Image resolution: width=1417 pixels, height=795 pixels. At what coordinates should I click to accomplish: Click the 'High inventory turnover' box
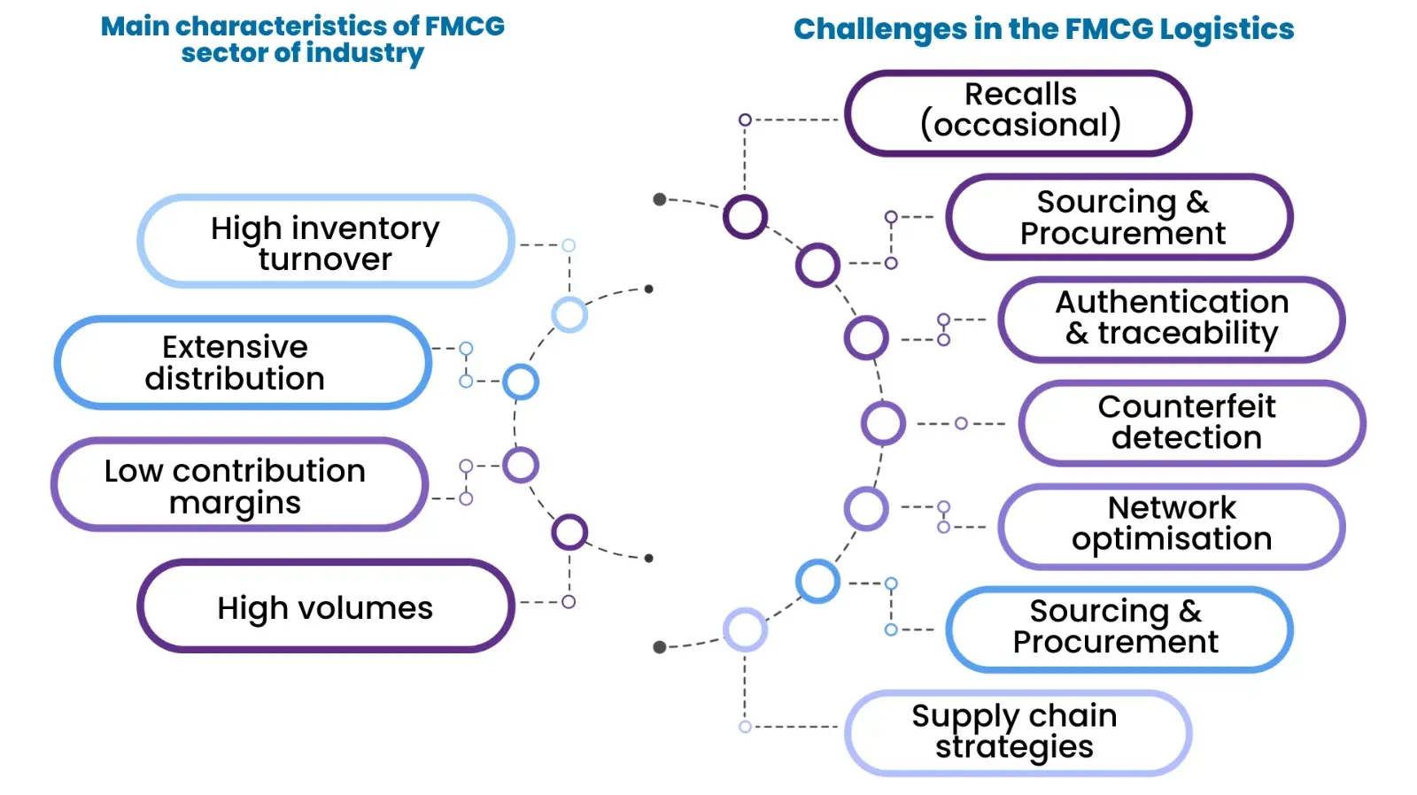(325, 242)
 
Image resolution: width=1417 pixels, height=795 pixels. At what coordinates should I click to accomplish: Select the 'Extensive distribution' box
(243, 363)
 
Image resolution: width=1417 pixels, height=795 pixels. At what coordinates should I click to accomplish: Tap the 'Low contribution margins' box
(239, 484)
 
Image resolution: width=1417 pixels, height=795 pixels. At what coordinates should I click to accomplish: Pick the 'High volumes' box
(325, 606)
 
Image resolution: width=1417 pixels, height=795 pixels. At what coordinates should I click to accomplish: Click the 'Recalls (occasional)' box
(1018, 112)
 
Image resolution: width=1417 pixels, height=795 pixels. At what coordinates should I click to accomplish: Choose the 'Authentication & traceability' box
(1171, 319)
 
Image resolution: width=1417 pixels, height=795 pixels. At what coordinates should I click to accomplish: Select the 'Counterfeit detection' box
(1190, 423)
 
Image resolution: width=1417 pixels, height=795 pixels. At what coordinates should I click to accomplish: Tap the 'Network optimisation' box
(1171, 526)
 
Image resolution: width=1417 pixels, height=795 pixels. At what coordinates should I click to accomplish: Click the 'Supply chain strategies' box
(1017, 733)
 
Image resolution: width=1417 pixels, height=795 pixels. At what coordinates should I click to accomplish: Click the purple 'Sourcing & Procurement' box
(1119, 217)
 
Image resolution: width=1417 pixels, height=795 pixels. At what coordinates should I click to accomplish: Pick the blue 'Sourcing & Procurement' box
(1119, 629)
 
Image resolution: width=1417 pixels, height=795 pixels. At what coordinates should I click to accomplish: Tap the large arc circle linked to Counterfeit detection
(883, 423)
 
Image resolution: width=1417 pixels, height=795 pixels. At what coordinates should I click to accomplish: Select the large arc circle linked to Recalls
(745, 216)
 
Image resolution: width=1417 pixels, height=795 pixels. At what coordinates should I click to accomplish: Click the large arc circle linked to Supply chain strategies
(745, 629)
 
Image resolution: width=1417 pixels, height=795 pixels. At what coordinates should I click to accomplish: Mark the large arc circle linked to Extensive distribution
(521, 382)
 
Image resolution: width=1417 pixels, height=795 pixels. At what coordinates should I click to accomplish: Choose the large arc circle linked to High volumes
(569, 532)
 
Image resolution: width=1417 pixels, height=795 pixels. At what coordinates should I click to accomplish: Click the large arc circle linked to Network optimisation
(865, 509)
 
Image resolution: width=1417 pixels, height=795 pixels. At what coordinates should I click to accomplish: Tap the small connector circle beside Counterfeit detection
(961, 423)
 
